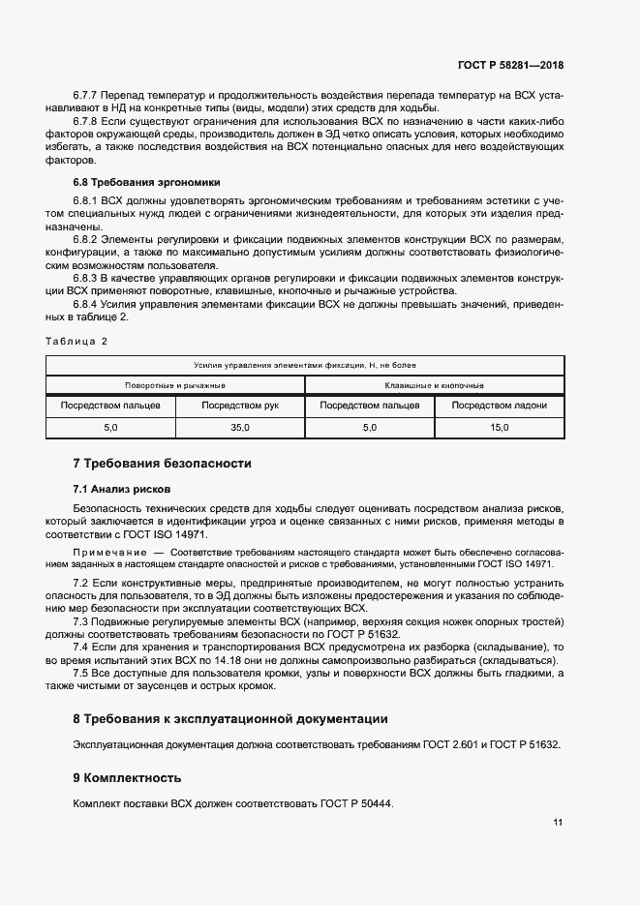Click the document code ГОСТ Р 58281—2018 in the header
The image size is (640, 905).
click(x=509, y=65)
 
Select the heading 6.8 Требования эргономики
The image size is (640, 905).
click(x=135, y=181)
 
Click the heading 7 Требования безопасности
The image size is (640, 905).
click(x=162, y=464)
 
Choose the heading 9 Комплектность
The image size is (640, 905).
click(x=127, y=777)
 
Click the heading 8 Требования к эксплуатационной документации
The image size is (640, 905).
click(x=230, y=719)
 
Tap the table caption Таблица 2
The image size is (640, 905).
click(x=76, y=341)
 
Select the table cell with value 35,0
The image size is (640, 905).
click(x=240, y=427)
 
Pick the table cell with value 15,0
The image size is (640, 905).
click(x=500, y=427)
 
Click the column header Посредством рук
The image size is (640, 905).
click(x=240, y=406)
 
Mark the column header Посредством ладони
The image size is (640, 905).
click(x=500, y=406)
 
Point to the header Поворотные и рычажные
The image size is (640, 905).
click(x=175, y=384)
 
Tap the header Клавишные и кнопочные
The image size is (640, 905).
click(x=435, y=384)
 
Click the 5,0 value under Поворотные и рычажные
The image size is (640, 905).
click(x=110, y=427)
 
